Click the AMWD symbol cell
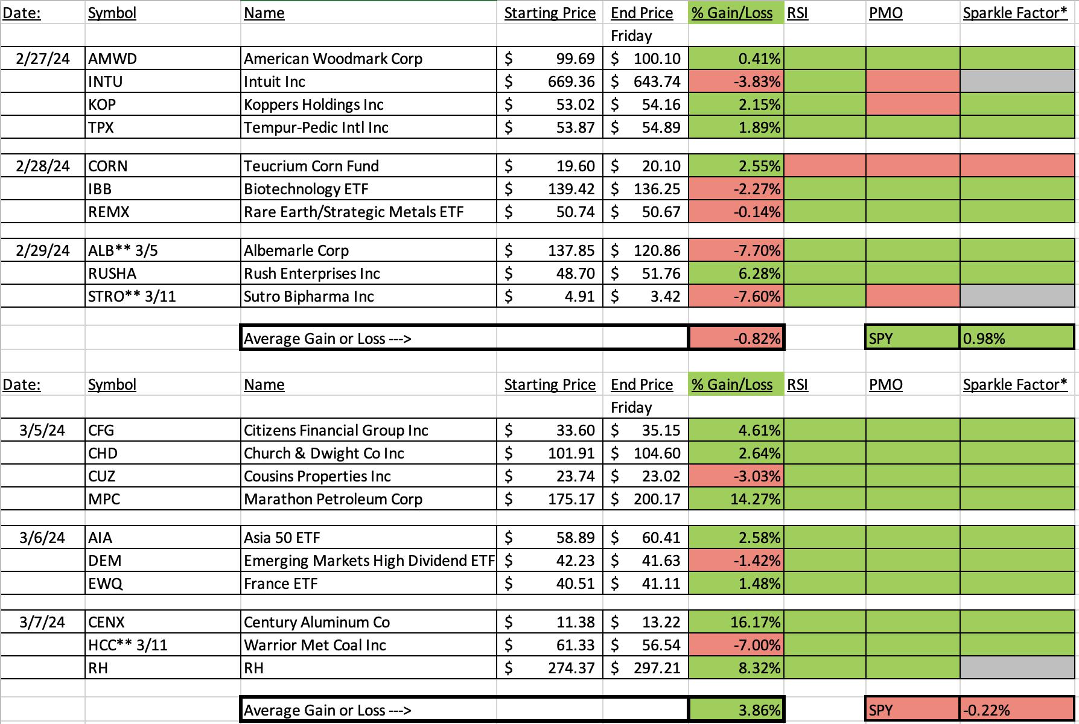point(163,59)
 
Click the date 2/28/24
point(43,166)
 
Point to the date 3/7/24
point(42,622)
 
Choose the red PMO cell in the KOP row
point(913,104)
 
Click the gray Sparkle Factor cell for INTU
point(1017,81)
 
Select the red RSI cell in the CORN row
point(825,166)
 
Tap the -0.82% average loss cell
point(736,338)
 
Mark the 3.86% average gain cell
point(736,710)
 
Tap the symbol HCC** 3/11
point(128,645)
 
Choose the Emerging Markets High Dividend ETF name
point(369,560)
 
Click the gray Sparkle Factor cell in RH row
point(1017,668)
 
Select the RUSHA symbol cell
point(163,273)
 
